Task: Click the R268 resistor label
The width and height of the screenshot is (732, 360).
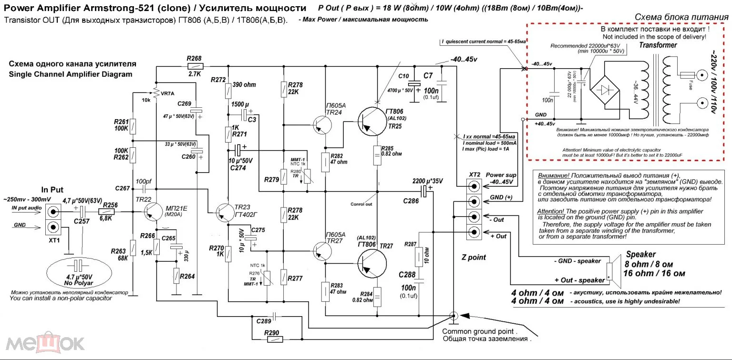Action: pyautogui.click(x=194, y=59)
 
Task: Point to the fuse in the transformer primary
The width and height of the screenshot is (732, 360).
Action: pyautogui.click(x=687, y=75)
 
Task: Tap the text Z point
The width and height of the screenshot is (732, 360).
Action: pyautogui.click(x=474, y=257)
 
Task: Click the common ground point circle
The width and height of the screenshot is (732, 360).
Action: pyautogui.click(x=454, y=316)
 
